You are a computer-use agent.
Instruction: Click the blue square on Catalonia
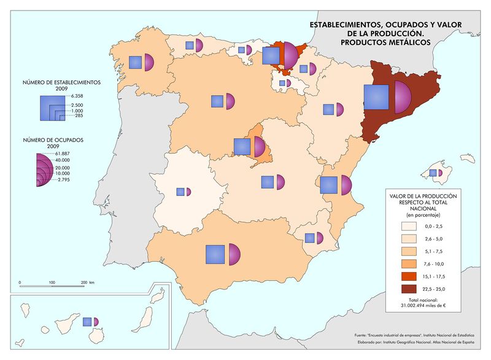pyautogui.click(x=376, y=97)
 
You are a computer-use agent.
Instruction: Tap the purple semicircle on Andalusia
pyautogui.click(x=233, y=254)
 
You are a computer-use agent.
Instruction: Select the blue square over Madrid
pyautogui.click(x=242, y=146)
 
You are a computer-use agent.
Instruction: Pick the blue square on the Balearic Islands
pyautogui.click(x=433, y=173)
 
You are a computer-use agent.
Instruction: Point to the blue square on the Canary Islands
pyautogui.click(x=87, y=321)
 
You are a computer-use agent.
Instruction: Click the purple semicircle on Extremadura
pyautogui.click(x=188, y=192)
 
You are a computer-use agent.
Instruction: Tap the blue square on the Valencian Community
pyautogui.click(x=329, y=185)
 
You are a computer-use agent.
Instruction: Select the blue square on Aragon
pyautogui.click(x=328, y=110)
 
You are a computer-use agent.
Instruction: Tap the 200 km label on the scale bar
pyautogui.click(x=86, y=283)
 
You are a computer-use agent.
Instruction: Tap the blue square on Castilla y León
pyautogui.click(x=216, y=101)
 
